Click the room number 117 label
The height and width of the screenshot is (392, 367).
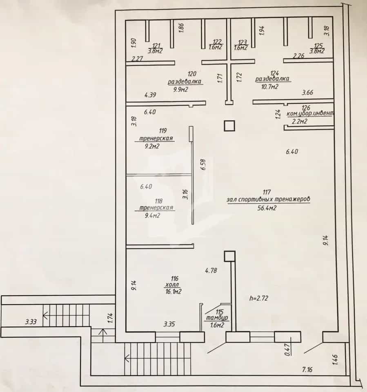(267, 192)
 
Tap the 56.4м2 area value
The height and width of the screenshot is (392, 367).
(267, 208)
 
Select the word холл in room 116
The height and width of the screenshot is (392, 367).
(172, 285)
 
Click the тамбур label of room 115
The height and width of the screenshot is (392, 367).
(217, 318)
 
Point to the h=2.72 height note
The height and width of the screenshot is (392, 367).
(259, 298)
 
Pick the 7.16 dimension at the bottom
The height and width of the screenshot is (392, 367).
(307, 369)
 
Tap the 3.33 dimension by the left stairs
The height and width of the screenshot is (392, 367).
(31, 321)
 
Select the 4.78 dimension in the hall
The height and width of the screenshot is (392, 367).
(211, 270)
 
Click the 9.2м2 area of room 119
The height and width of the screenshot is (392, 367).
(152, 146)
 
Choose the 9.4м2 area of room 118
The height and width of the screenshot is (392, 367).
(152, 215)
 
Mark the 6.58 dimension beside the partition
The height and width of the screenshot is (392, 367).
(203, 164)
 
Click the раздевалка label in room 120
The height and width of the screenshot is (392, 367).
(185, 82)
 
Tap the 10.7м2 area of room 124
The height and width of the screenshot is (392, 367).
(270, 87)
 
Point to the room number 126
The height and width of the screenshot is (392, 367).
(306, 108)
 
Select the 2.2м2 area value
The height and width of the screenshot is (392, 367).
(300, 122)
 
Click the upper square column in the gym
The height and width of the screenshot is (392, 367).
(229, 126)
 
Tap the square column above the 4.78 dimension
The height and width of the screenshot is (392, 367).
(229, 256)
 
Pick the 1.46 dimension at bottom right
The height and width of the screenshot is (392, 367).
(335, 360)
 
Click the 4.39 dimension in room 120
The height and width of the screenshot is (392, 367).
(150, 95)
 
